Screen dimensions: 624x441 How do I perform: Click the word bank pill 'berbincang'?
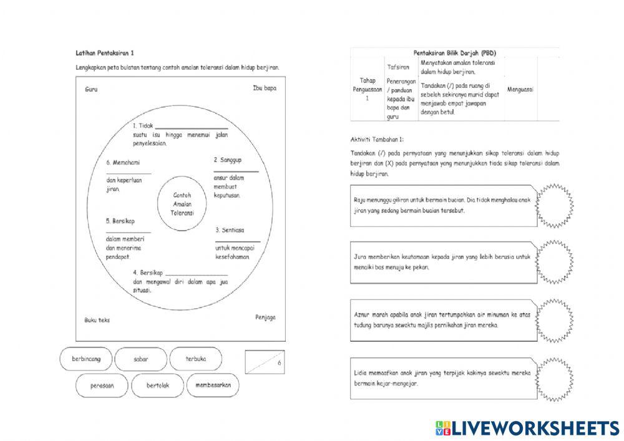tap(86, 359)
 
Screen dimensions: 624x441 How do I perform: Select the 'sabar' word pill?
tap(140, 359)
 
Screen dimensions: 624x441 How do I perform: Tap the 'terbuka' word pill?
tap(195, 359)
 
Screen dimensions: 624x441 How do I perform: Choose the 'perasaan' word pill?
tap(102, 385)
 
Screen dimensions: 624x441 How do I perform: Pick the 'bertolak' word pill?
tap(157, 385)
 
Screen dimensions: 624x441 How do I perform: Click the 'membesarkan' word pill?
tap(213, 385)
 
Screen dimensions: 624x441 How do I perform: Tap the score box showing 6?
tap(264, 362)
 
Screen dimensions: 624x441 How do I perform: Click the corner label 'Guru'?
tap(91, 89)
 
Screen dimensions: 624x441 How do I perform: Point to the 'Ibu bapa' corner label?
tap(265, 89)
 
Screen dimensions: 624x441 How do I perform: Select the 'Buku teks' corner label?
tap(97, 320)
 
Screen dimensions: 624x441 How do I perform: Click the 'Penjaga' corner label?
tap(265, 317)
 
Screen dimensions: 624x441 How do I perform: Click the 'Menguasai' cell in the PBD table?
tap(520, 89)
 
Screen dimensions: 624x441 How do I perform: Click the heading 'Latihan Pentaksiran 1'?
tap(105, 54)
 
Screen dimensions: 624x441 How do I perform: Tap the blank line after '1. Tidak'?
tap(191, 127)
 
